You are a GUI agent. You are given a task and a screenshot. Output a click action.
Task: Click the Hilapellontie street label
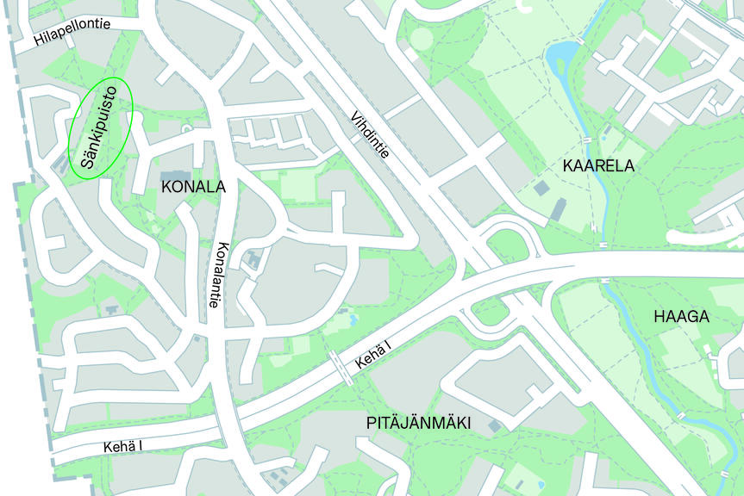point(72,33)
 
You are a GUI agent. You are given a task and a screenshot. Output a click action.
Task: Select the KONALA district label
point(193,187)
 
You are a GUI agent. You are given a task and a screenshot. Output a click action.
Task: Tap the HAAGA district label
point(681,317)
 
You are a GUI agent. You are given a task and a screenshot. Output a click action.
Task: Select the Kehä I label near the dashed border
point(122,447)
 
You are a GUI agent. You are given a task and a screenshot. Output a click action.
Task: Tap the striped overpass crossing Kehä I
point(341,367)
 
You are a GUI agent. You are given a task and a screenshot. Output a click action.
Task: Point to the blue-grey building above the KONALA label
point(177,175)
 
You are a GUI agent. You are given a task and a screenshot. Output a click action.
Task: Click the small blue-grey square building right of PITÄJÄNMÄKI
point(494,425)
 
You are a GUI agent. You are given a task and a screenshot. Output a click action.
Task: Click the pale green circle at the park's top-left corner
point(421,39)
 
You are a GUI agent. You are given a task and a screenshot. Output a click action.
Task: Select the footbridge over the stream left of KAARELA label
point(586,140)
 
